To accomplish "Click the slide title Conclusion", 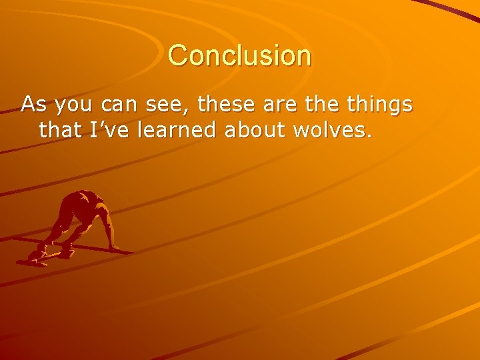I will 239,55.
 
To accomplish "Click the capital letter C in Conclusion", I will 178,55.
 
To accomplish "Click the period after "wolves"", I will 367,137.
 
